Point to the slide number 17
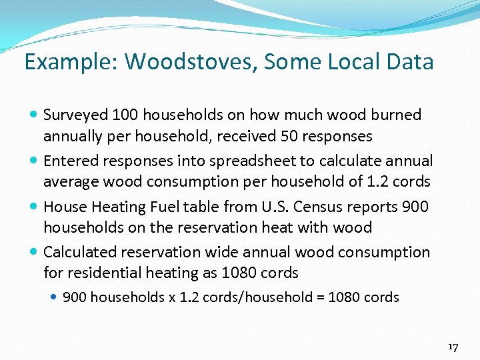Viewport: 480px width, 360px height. click(x=453, y=347)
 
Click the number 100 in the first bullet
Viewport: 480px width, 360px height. click(x=125, y=115)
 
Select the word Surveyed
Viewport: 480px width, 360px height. click(x=75, y=115)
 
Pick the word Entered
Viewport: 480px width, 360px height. click(x=69, y=161)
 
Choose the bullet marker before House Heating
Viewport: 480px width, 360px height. click(x=34, y=207)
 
